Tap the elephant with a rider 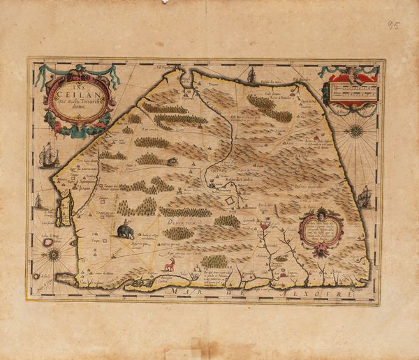(x=126, y=230)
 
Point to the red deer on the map (x=169, y=264)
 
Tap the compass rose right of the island (x=357, y=130)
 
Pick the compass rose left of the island (x=53, y=255)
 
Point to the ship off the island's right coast (x=363, y=197)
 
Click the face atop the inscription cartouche (x=321, y=212)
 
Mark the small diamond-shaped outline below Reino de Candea (x=229, y=201)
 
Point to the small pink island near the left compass (x=49, y=242)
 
